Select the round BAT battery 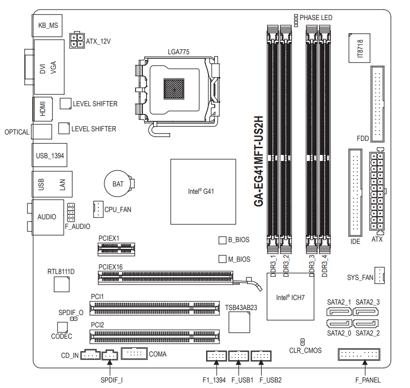(118, 184)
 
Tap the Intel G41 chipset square (203, 191)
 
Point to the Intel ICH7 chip (290, 297)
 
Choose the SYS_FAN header (380, 276)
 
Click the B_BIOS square (223, 240)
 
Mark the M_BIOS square (223, 259)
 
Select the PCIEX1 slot (116, 248)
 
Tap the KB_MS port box (47, 25)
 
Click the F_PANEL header (359, 354)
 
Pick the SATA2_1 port (339, 312)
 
